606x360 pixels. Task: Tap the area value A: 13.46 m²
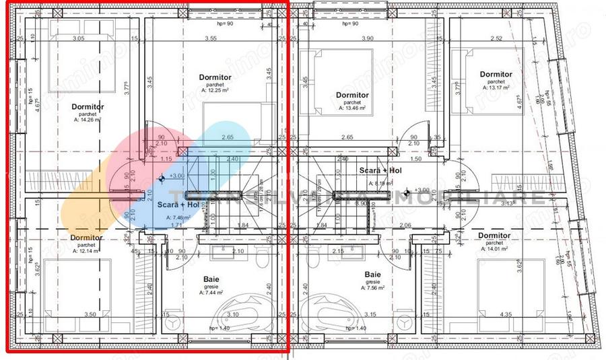pyautogui.click(x=352, y=108)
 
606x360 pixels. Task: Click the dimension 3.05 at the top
pyautogui.click(x=78, y=38)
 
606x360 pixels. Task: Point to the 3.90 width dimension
pyautogui.click(x=367, y=38)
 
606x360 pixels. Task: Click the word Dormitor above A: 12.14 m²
pyautogui.click(x=86, y=238)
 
